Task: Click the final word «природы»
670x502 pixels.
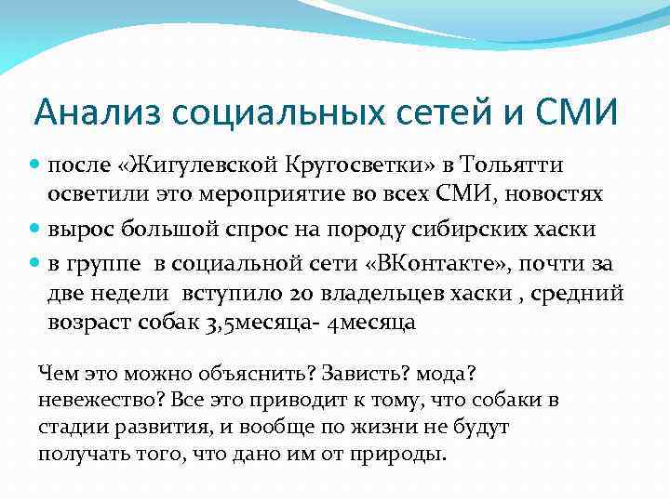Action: pyautogui.click(x=401, y=455)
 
